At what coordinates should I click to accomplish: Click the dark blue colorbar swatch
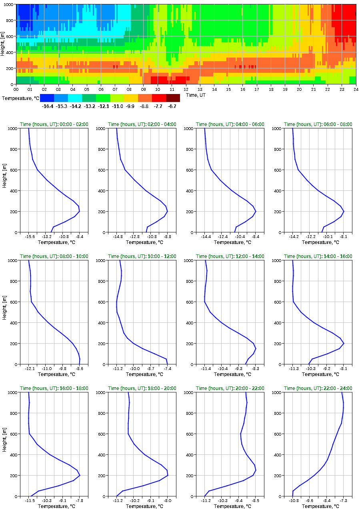coord(47,98)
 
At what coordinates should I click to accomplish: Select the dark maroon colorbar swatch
coord(173,98)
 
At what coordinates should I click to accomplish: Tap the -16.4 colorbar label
coord(48,106)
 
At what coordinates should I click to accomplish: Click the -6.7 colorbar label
coord(172,106)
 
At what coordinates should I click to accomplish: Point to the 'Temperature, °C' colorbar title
coord(20,98)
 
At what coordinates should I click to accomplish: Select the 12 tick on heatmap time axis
coord(186,90)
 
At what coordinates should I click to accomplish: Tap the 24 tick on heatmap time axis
coord(356,90)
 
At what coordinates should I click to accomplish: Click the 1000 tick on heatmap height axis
coord(9,4)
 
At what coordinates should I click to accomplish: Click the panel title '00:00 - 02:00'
coord(54,124)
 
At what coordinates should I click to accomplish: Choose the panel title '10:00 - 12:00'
coord(142,256)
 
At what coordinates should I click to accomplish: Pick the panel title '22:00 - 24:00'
coord(318,388)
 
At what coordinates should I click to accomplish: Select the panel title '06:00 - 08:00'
coord(318,124)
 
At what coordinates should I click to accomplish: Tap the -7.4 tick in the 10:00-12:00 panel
coord(167,369)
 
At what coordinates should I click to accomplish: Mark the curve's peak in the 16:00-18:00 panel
coord(80,475)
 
